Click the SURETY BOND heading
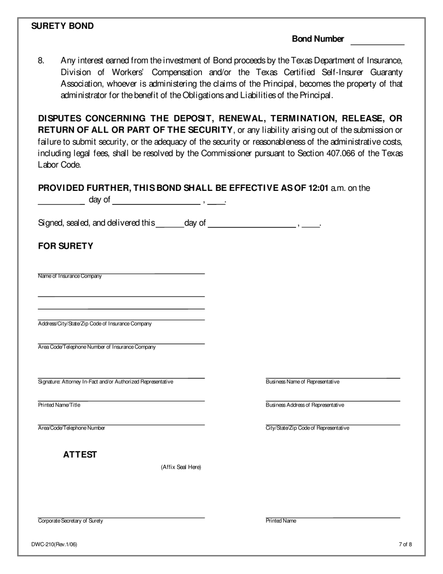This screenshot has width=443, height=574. [62, 26]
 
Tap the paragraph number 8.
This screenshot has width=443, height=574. [41, 61]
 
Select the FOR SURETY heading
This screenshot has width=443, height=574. [65, 246]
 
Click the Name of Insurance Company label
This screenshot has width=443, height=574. [69, 276]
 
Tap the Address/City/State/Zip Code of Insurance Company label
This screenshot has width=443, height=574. [94, 324]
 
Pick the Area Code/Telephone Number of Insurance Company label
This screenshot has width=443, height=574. [97, 347]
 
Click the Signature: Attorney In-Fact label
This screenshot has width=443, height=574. [105, 382]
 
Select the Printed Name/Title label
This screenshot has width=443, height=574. [59, 405]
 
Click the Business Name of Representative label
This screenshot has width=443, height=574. [302, 382]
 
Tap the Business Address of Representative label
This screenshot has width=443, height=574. [305, 405]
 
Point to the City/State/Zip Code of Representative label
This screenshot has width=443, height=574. [307, 428]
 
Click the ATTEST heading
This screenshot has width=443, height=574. [80, 455]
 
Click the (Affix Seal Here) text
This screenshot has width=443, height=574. [181, 467]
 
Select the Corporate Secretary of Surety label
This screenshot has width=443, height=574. [70, 521]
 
